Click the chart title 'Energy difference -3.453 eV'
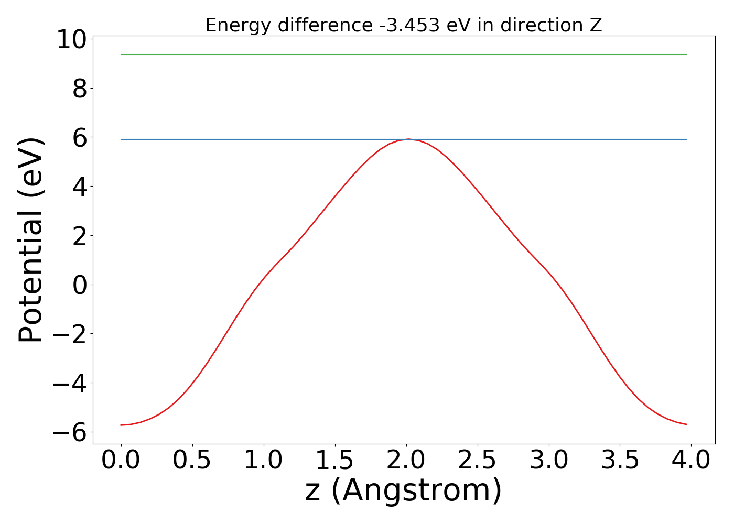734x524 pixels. coord(403,25)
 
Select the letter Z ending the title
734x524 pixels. coord(596,25)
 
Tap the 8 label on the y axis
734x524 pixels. coord(80,89)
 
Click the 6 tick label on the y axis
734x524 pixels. coord(80,138)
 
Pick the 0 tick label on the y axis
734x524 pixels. coord(80,285)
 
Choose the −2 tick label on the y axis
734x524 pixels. coord(71,334)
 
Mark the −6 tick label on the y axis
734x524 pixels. coord(71,432)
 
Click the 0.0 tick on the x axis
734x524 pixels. coord(121,461)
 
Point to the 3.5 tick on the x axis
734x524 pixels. coord(620,461)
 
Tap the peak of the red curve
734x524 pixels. coord(408,139)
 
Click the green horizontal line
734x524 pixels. coord(404,54)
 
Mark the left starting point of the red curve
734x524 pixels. coord(121,425)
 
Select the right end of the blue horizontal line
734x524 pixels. coord(686,139)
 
